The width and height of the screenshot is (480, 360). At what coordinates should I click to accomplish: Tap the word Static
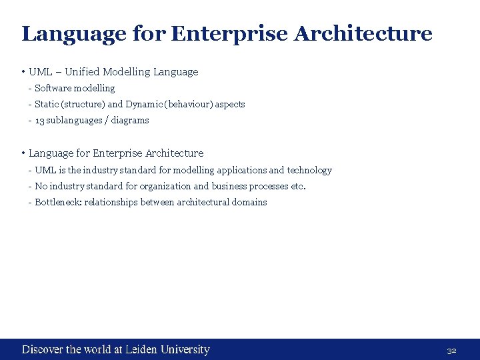46,104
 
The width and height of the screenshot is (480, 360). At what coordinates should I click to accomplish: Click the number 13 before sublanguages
39,121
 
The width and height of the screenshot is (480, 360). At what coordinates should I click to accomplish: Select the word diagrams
130,121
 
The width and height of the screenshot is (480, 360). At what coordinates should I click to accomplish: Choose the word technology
309,170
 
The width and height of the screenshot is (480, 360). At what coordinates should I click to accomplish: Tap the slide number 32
451,350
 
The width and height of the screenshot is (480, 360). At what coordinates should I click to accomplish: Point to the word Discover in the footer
43,349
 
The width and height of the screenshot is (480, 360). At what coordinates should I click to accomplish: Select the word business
229,187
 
